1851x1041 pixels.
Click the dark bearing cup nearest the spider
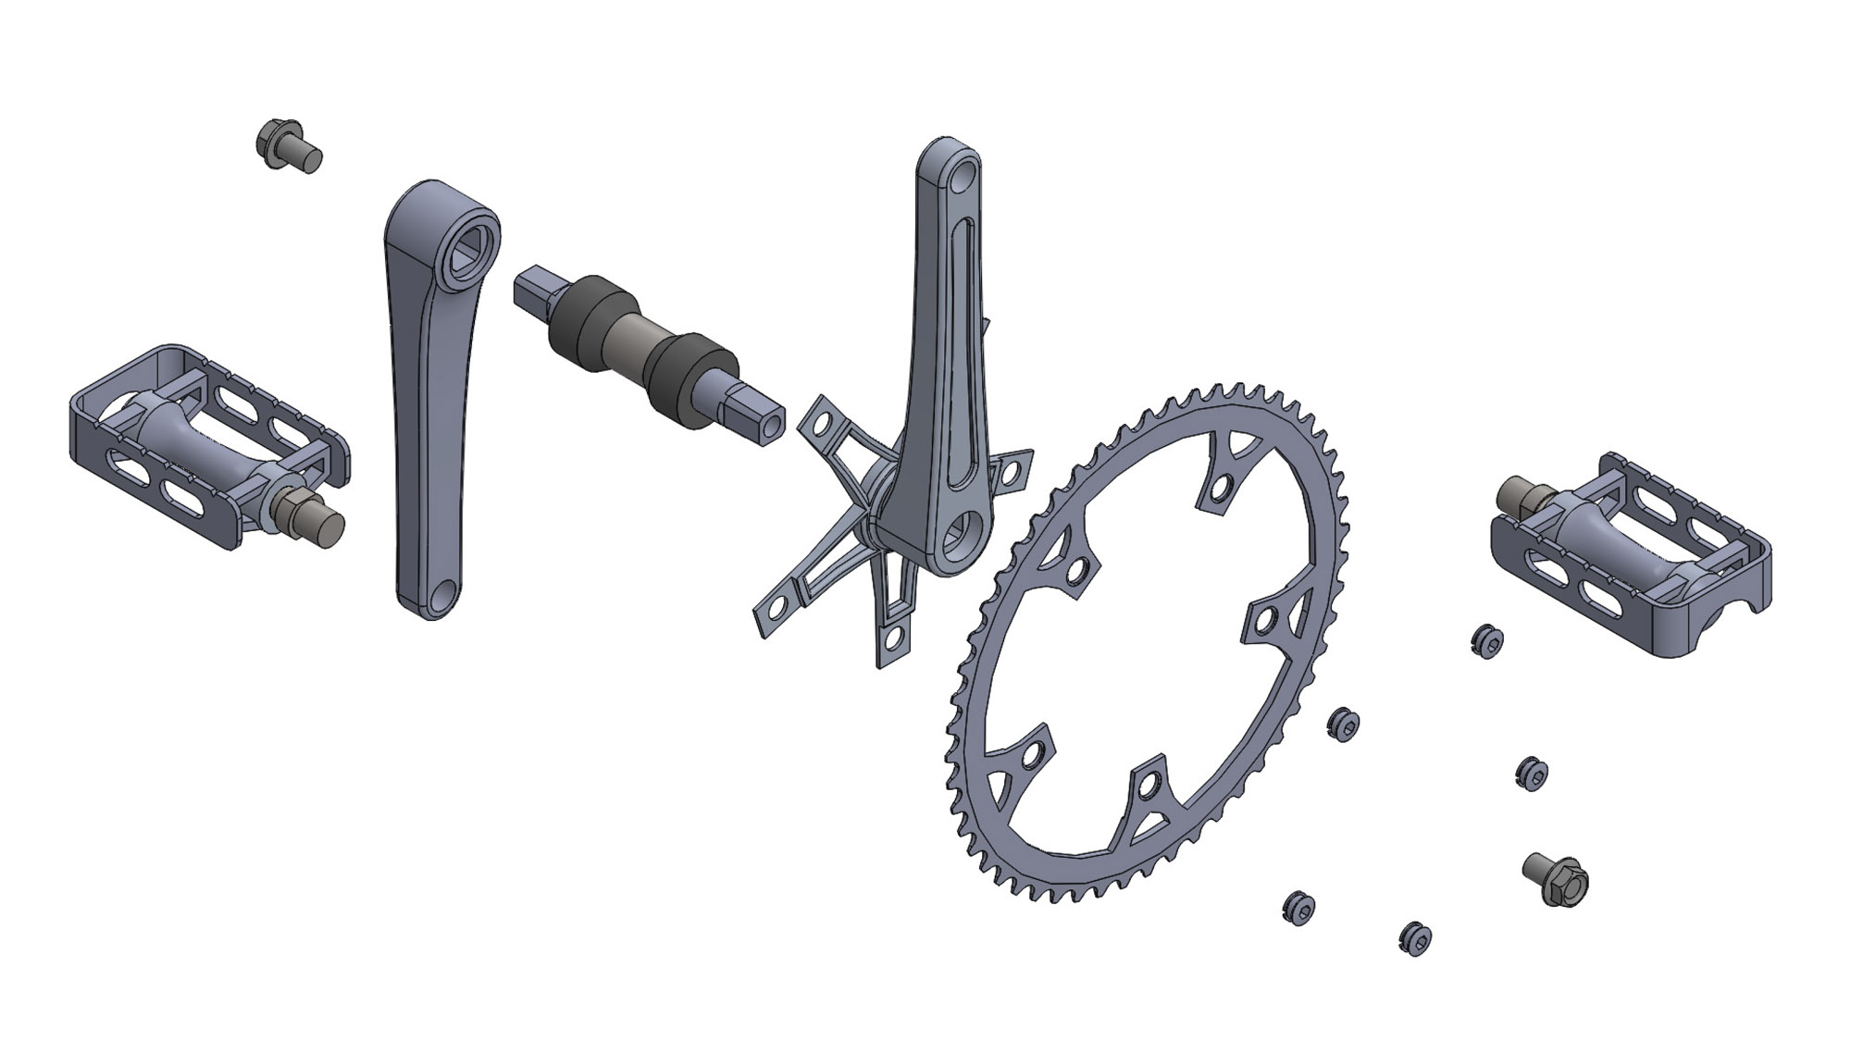tap(689, 381)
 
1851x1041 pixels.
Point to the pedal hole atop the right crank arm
tap(963, 173)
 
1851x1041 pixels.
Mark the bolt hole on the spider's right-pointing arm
tap(1014, 470)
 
